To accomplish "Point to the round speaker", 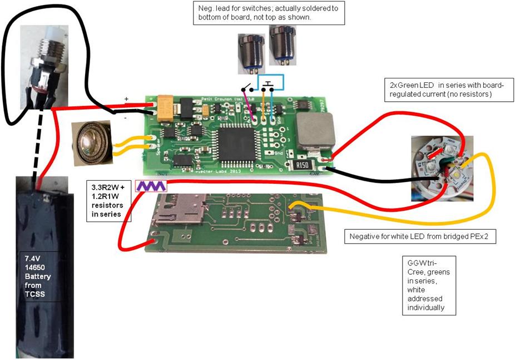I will tap(92, 143).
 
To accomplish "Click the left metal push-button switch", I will tap(247, 50).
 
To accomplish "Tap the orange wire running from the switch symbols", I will tap(263, 103).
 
